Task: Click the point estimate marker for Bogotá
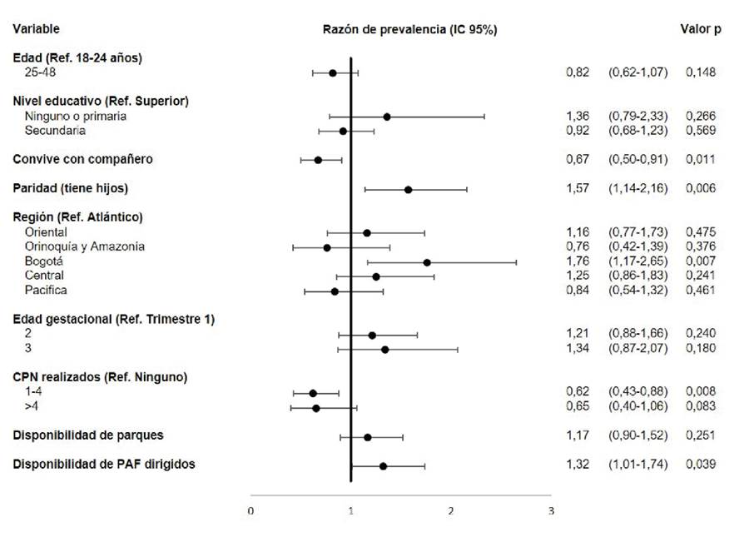[427, 262]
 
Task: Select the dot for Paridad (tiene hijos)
[409, 190]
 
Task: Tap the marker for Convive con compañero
[318, 159]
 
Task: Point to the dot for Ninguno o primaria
[387, 117]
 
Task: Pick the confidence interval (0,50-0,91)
[637, 159]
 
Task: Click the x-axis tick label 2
[451, 510]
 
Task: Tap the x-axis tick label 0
[250, 510]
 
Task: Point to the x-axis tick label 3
[550, 510]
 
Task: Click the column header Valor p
[701, 29]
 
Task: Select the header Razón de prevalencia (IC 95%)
[409, 29]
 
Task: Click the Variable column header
[36, 29]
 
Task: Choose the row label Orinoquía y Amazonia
[85, 246]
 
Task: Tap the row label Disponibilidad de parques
[88, 435]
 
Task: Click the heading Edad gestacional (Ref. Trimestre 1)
[114, 319]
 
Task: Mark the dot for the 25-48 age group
[333, 72]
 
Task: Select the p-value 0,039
[701, 465]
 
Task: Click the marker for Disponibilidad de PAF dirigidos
[383, 465]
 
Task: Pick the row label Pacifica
[47, 291]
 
